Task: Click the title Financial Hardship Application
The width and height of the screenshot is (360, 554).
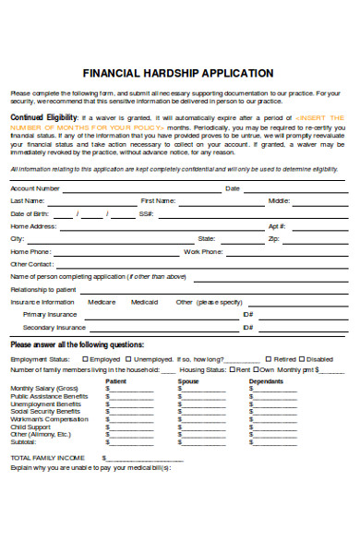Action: (x=178, y=72)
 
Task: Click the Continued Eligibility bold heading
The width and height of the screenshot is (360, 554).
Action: (x=43, y=118)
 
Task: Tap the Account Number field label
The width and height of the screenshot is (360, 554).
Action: (x=35, y=188)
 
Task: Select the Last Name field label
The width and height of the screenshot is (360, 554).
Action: (x=27, y=200)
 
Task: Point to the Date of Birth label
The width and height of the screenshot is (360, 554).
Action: (x=30, y=213)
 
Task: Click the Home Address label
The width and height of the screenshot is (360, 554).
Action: (x=33, y=225)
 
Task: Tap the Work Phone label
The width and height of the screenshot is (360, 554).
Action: (x=203, y=251)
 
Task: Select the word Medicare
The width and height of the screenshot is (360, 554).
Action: (x=101, y=302)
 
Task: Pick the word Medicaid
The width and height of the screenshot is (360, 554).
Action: (x=144, y=302)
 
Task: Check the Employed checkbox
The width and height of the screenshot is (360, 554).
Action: (x=86, y=358)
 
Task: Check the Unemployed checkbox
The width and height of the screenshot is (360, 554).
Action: (x=130, y=358)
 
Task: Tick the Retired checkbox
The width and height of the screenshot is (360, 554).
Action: (x=269, y=358)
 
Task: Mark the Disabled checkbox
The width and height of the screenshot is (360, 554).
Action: (x=303, y=358)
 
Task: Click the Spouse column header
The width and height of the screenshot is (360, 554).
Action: (x=188, y=380)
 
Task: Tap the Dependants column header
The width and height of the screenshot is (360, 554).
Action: (x=266, y=380)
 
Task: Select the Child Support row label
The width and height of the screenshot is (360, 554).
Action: (x=30, y=427)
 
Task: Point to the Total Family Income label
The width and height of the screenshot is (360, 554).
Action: (x=47, y=457)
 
